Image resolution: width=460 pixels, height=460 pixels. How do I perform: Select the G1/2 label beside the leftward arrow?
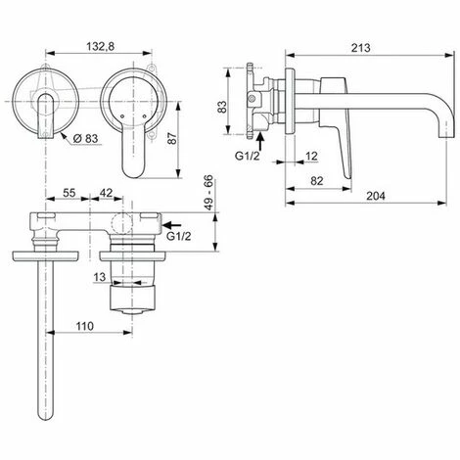point(179,236)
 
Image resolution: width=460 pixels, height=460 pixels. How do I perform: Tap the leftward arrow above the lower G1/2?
point(173,221)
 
